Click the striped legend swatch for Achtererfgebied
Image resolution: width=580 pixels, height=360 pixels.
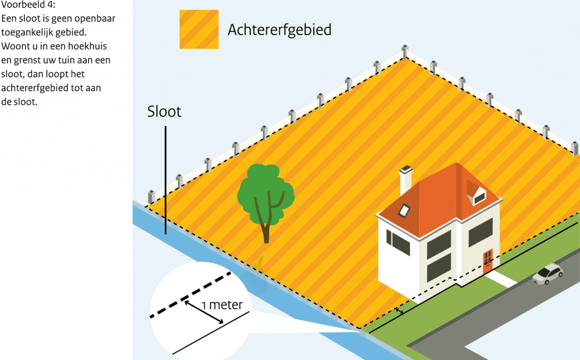coord(199,29)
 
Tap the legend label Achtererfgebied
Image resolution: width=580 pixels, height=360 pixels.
coord(279,30)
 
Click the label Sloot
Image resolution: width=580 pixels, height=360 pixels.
coord(164,112)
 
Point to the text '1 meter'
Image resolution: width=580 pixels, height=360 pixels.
coord(222,305)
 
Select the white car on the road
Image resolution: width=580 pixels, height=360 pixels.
coord(548,273)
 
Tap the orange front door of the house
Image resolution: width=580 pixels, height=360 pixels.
coord(488,261)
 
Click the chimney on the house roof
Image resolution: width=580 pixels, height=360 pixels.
coord(406,181)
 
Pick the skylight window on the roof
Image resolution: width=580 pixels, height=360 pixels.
coord(404,211)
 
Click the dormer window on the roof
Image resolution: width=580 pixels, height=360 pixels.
coord(477,192)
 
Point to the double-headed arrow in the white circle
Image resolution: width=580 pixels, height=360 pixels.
coord(204,312)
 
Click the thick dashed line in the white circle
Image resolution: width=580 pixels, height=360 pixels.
coord(190,295)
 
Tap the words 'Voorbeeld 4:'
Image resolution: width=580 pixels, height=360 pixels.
coord(28,5)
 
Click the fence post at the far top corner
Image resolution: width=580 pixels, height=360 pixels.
coord(406,52)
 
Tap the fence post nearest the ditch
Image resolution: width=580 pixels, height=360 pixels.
coord(151,197)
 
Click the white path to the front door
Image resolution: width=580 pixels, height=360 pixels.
coord(501,279)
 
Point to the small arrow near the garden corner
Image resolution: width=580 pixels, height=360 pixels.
coord(399,311)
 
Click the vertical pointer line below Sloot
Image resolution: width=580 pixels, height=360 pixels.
coord(165,180)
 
